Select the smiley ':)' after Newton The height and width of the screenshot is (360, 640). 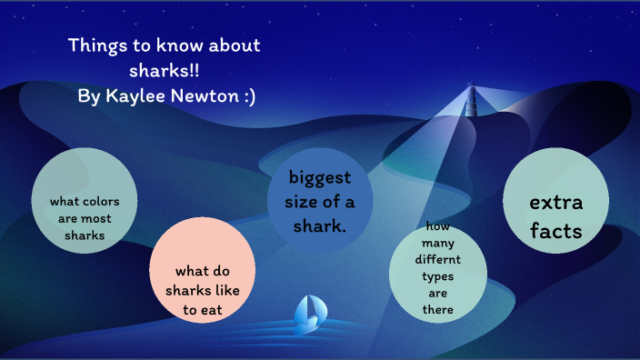pos(246,96)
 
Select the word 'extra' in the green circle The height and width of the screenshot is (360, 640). pos(555,202)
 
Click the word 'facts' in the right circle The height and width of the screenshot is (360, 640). pos(555,231)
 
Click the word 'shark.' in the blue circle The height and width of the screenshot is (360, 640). pos(320,225)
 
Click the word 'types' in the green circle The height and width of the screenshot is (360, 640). pos(438,275)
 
